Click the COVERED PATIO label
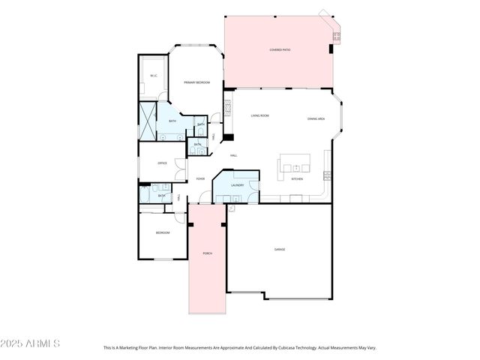tap(280, 50)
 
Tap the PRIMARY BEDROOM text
tap(196, 82)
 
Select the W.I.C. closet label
tap(153, 75)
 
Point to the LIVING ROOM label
tap(259, 115)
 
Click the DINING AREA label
tap(316, 118)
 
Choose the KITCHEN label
tap(297, 179)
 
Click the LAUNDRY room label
tap(238, 184)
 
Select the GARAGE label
tap(279, 249)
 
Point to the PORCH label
tap(207, 253)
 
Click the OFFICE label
tap(162, 163)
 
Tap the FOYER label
tap(200, 178)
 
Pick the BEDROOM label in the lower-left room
tap(162, 232)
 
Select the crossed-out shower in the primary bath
tap(147, 121)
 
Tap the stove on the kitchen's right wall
tap(326, 175)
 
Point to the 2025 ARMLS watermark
tap(31, 343)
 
